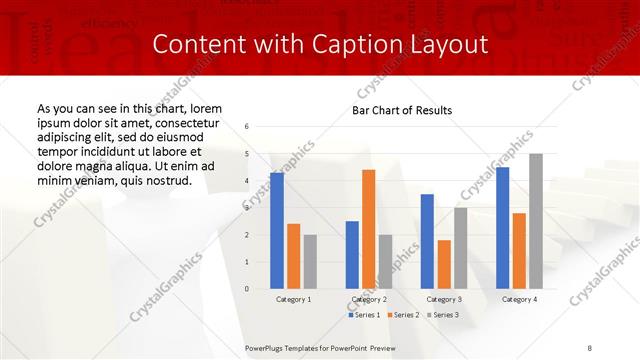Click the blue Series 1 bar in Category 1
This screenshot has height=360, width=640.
(x=277, y=231)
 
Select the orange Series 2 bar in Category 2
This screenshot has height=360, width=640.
(x=368, y=229)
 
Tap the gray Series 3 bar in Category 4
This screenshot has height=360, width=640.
(x=535, y=221)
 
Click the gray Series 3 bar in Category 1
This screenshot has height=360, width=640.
(x=310, y=261)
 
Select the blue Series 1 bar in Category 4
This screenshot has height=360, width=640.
(x=502, y=228)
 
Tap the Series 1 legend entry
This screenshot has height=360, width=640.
(x=364, y=315)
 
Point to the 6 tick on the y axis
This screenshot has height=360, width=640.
(x=247, y=127)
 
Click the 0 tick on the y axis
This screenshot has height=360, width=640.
(x=247, y=289)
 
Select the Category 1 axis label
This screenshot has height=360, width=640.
(x=293, y=299)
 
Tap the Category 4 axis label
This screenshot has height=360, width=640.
(x=519, y=299)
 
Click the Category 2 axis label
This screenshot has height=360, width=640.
(x=368, y=299)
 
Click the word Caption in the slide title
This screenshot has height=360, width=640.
(x=373, y=45)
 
